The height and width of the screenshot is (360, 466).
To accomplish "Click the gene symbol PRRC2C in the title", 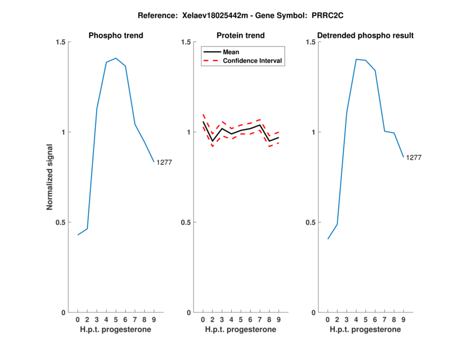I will pyautogui.click(x=315, y=16).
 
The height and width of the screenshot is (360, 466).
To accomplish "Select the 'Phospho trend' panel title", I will pyautogui.click(x=116, y=36).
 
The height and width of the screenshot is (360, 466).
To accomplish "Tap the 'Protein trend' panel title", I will pyautogui.click(x=241, y=36).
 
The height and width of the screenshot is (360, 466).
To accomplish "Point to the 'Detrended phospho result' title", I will pyautogui.click(x=365, y=36).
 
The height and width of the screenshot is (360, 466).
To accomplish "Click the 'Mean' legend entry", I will pyautogui.click(x=231, y=52).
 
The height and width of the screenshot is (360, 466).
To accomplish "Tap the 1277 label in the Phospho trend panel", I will pyautogui.click(x=164, y=163).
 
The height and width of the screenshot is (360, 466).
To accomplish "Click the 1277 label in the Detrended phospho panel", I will pyautogui.click(x=414, y=157).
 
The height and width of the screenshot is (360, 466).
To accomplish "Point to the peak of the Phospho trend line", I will pyautogui.click(x=116, y=58).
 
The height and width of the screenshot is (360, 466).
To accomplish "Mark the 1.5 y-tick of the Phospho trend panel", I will pyautogui.click(x=60, y=42).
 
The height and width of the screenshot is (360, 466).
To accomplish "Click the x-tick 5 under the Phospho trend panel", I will pyautogui.click(x=116, y=319).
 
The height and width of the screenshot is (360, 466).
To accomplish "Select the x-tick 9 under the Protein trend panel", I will pyautogui.click(x=278, y=319).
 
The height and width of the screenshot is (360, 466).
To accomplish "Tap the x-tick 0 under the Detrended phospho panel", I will pyautogui.click(x=328, y=319).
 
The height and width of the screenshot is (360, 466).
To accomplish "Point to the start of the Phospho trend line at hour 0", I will pyautogui.click(x=78, y=235).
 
